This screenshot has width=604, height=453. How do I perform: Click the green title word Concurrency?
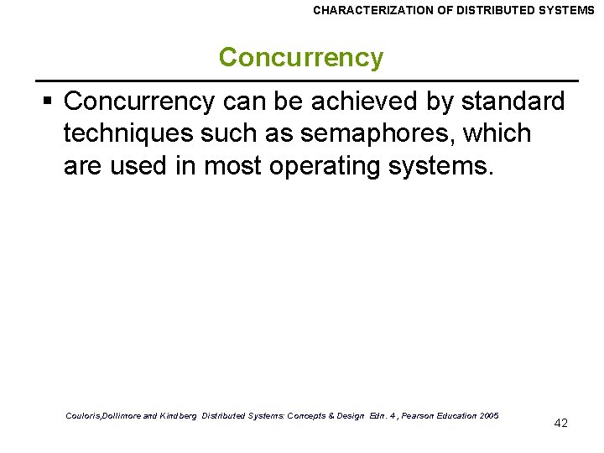point(300,58)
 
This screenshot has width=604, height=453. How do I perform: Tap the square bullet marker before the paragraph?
point(48,102)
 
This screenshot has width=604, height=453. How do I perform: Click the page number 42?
point(561,423)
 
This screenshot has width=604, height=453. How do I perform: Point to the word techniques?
point(130,133)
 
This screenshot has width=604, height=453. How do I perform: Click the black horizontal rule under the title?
point(310,80)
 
